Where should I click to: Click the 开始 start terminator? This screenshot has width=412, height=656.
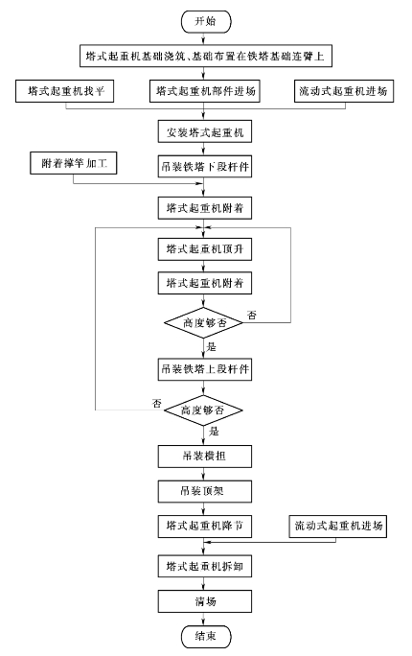click(206, 21)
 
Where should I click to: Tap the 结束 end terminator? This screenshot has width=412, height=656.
click(206, 636)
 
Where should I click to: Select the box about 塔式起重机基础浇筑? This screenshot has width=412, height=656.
click(206, 56)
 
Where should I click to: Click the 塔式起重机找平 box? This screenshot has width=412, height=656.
click(65, 91)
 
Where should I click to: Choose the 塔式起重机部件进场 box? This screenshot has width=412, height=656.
click(205, 91)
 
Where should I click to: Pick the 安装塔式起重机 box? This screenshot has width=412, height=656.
click(205, 131)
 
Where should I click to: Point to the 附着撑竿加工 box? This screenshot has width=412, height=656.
click(74, 163)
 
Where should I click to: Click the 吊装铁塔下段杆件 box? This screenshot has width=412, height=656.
click(205, 166)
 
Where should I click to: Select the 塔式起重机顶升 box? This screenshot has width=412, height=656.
click(205, 249)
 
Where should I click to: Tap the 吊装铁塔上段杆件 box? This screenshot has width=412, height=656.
click(205, 369)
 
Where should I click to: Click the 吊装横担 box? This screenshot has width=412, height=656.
click(205, 456)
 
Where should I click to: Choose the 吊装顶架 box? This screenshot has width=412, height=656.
click(205, 491)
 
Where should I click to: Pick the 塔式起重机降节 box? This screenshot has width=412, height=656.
click(205, 526)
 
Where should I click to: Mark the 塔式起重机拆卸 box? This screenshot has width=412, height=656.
click(205, 566)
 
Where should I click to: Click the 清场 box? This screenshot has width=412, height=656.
click(205, 601)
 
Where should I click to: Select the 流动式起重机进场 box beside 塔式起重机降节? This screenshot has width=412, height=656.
click(338, 526)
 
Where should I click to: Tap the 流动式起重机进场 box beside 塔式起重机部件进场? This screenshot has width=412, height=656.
click(344, 91)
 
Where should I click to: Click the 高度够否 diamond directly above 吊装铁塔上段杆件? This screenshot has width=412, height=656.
click(203, 322)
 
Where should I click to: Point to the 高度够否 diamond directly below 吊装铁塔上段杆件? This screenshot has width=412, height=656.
click(203, 410)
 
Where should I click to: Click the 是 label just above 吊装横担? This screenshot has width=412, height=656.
click(214, 432)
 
